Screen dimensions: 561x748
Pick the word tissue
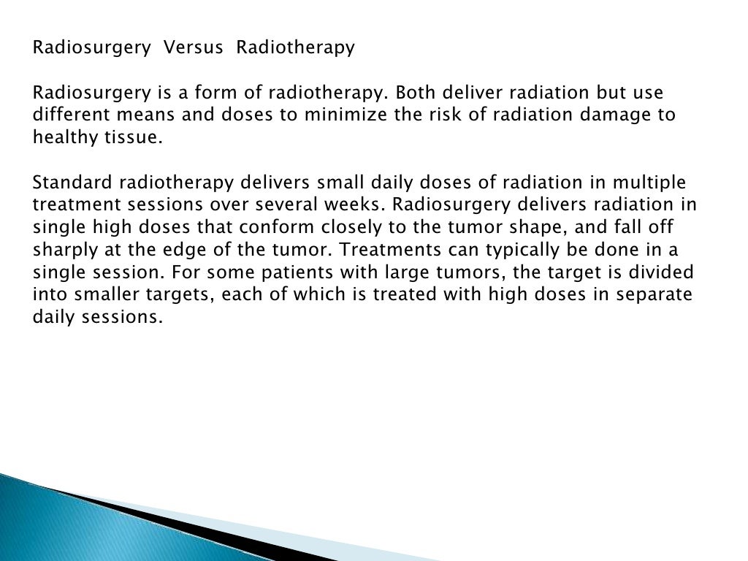pos(131,138)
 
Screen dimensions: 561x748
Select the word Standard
pos(68,183)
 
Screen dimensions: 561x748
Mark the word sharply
pos(63,251)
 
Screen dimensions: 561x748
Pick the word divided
pos(659,272)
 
